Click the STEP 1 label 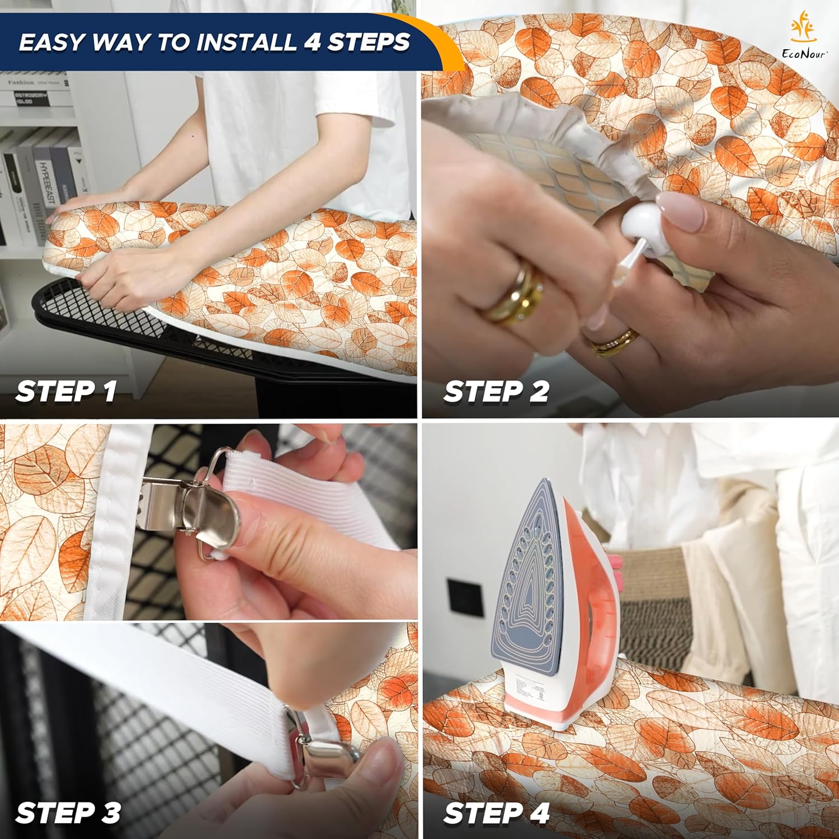(66, 391)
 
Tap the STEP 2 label (496, 391)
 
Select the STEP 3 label (68, 813)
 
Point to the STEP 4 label (496, 813)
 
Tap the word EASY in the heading (51, 43)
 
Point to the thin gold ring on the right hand (615, 342)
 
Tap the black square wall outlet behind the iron (464, 598)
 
